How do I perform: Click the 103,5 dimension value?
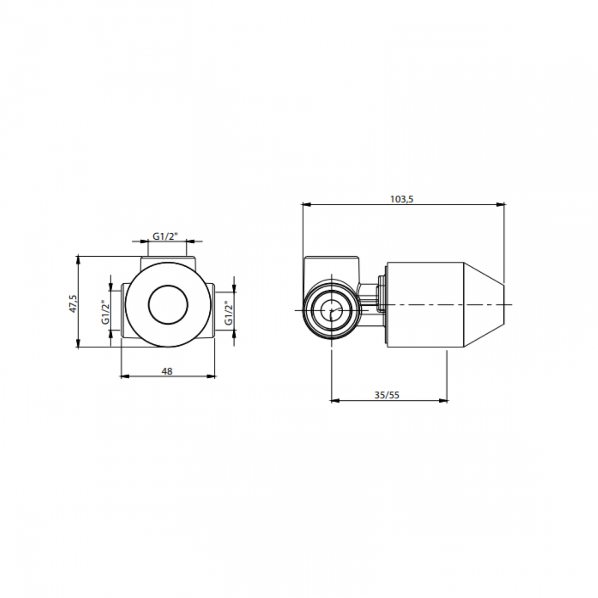[x=402, y=199]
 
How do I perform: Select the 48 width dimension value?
[x=167, y=371]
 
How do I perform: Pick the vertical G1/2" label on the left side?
[x=105, y=312]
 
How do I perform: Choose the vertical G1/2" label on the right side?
[x=228, y=312]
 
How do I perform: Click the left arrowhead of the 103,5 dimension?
[x=306, y=205]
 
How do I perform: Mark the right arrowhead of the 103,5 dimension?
[x=501, y=205]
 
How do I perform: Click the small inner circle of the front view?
[x=168, y=304]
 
